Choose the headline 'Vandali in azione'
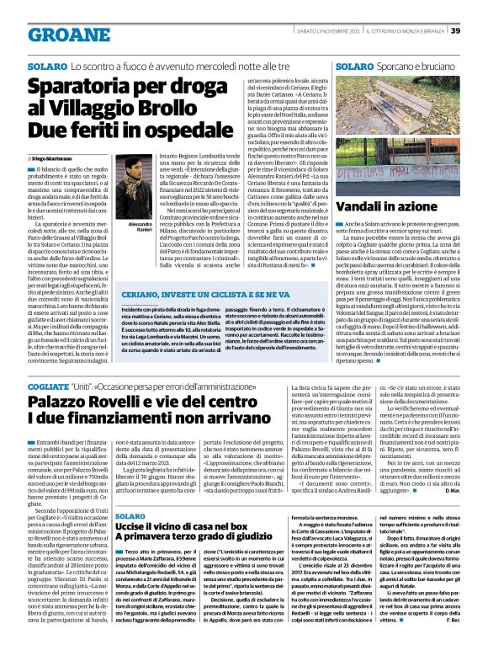[x=387, y=207]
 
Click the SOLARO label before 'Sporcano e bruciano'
[x=353, y=65]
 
